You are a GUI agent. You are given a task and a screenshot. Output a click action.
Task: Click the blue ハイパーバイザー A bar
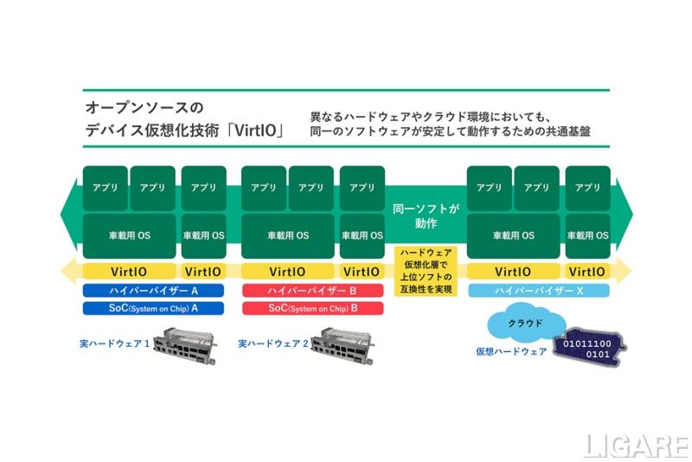point(153,292)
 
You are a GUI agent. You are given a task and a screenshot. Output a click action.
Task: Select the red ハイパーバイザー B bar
point(312,292)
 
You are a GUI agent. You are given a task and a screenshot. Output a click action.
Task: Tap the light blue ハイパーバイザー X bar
point(539,292)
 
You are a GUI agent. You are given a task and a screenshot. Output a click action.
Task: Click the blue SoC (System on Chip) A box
point(153,308)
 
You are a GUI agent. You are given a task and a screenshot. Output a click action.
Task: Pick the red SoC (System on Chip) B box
point(312,308)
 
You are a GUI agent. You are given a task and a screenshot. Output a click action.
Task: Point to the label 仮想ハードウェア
point(510,352)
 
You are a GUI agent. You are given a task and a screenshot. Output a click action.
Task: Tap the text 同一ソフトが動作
point(425,216)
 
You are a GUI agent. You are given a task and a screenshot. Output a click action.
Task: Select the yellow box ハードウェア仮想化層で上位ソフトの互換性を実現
point(425,271)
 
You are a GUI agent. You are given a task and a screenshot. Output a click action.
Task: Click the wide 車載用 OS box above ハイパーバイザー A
point(129,235)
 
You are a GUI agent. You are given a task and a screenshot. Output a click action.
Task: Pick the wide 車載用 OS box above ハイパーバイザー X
point(513,235)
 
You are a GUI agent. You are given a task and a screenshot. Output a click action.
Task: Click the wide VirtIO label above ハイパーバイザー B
point(287,272)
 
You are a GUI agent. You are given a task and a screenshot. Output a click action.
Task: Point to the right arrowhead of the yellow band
point(625,272)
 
